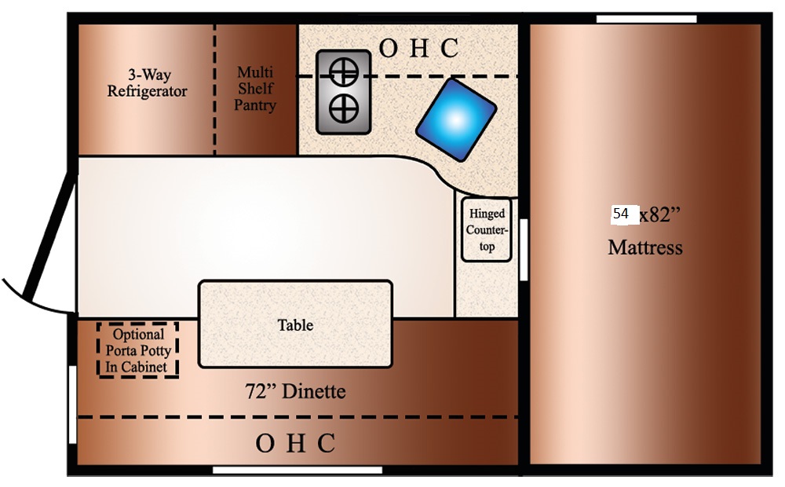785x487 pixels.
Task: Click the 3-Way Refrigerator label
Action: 148,83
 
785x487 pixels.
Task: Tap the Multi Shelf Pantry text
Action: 255,88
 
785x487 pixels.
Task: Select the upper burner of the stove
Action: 343,74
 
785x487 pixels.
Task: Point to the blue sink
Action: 456,119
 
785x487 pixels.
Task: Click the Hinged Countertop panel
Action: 487,230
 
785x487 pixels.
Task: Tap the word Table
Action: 295,324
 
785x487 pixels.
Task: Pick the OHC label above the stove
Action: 418,49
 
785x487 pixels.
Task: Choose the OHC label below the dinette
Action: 295,444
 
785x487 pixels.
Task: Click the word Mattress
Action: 645,248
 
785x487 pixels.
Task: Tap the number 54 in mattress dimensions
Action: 621,214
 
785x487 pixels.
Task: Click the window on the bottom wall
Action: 297,471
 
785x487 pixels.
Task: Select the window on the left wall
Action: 72,405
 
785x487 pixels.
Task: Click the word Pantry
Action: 255,104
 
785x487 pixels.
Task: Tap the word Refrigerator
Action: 148,91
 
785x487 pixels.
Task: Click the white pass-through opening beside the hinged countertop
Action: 524,249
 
